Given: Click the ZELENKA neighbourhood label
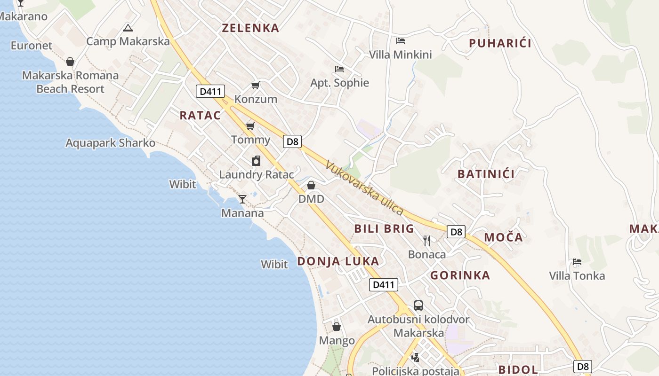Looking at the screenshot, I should click(x=250, y=28).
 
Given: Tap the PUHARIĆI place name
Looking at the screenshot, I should click(x=500, y=44).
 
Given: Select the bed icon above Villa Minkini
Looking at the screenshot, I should click(x=401, y=40).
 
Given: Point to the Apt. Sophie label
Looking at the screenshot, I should click(x=339, y=83).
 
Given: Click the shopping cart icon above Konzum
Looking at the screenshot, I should click(x=255, y=85).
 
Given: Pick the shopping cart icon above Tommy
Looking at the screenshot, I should click(x=250, y=125).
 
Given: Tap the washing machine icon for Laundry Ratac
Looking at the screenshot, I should click(x=256, y=161).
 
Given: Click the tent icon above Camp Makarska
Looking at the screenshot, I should click(x=128, y=28).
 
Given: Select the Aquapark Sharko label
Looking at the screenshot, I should click(x=110, y=143).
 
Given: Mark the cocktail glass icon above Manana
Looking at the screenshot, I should click(x=242, y=199).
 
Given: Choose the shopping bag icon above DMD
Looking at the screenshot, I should click(x=311, y=185).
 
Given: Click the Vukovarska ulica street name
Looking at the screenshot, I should click(x=364, y=188).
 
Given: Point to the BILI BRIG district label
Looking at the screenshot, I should click(x=384, y=229).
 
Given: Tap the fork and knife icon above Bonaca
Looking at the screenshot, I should click(x=427, y=241).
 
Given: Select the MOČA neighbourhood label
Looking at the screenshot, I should click(x=503, y=237).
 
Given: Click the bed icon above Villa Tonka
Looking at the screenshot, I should click(x=577, y=261).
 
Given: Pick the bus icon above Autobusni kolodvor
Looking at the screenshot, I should click(x=418, y=305).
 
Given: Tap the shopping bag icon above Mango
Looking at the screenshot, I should click(x=337, y=326).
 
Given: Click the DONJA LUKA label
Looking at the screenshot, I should click(x=338, y=261).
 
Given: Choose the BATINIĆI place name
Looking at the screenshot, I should click(x=486, y=174).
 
